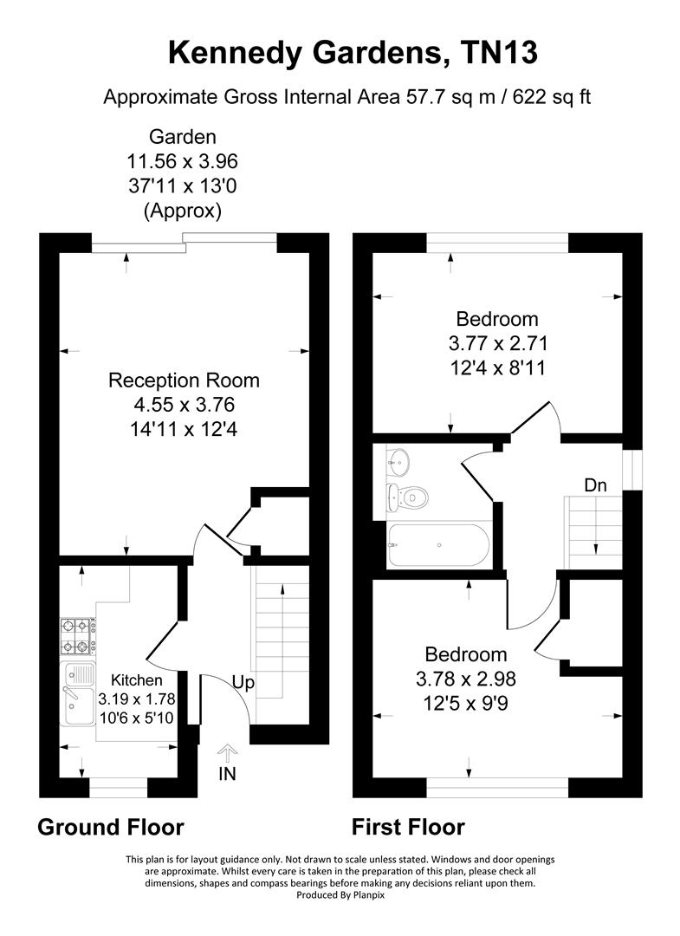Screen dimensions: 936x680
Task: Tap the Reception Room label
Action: coord(184,380)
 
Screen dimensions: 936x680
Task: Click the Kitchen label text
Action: coord(130,680)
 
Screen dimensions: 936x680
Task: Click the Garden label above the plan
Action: coord(183,136)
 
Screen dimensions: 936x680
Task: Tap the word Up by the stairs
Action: coord(243,683)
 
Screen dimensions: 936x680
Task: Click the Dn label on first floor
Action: coord(595,485)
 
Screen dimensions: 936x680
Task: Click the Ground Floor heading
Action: coord(111,827)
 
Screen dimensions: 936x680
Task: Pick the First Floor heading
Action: coord(408,827)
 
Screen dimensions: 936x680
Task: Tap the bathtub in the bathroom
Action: coord(438,546)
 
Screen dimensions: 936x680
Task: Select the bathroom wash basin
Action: coord(398,459)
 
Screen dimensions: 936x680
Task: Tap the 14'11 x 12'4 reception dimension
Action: coord(184,427)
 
